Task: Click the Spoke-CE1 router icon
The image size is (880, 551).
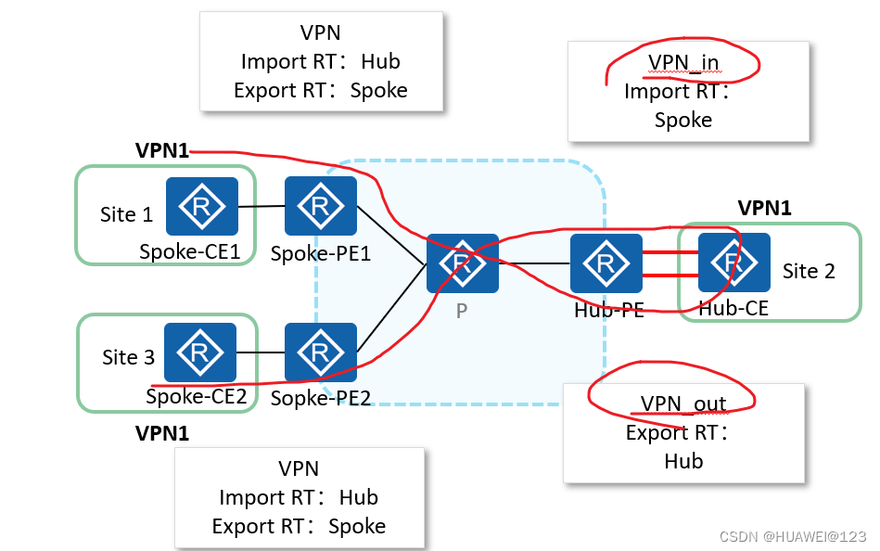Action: [201, 207]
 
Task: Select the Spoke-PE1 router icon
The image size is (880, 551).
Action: [321, 206]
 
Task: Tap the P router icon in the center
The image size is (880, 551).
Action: [462, 263]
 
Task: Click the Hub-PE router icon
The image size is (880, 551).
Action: [606, 263]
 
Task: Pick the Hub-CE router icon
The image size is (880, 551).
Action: [734, 263]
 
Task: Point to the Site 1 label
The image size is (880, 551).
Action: [126, 215]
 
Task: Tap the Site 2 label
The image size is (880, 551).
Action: [809, 271]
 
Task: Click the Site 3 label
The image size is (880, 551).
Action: [128, 357]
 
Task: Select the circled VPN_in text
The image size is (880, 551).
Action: [683, 62]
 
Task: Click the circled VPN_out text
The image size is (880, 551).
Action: [683, 404]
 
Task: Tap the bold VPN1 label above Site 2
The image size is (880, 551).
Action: [764, 209]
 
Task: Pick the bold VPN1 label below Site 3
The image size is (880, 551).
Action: [162, 433]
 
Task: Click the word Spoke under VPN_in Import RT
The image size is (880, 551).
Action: [683, 120]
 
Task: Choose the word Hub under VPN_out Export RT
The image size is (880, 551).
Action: [683, 461]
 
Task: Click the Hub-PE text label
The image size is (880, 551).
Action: [608, 311]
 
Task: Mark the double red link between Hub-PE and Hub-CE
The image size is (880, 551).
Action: [670, 263]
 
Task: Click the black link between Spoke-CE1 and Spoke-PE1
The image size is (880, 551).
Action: [261, 206]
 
